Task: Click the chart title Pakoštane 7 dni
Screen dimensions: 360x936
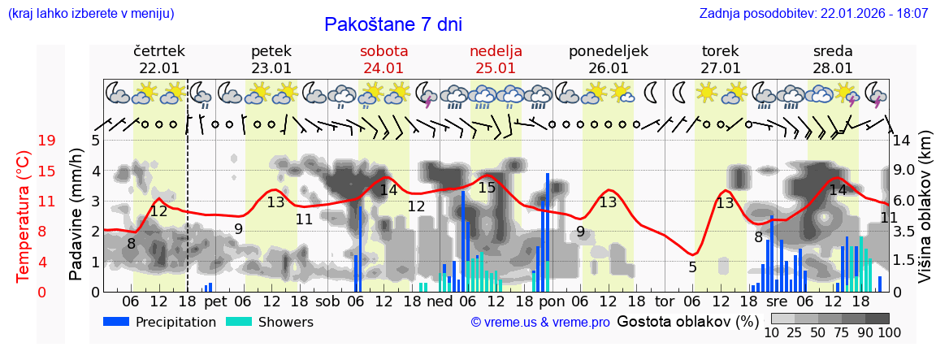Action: point(392,24)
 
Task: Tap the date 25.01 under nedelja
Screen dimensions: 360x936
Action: point(496,68)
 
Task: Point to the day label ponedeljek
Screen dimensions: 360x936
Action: point(608,51)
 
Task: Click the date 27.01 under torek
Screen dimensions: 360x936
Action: point(721,68)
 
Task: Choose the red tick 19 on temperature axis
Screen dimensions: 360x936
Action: point(46,141)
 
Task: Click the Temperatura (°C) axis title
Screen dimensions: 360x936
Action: point(23,215)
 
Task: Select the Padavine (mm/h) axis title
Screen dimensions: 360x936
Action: point(76,215)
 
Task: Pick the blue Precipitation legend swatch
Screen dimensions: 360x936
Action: point(116,322)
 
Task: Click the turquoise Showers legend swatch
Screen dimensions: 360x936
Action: point(239,322)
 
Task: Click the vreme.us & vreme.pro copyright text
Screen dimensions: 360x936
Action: point(540,323)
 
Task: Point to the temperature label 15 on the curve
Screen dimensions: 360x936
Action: point(487,188)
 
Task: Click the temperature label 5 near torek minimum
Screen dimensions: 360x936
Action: point(692,267)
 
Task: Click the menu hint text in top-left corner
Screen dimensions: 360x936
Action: point(90,14)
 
